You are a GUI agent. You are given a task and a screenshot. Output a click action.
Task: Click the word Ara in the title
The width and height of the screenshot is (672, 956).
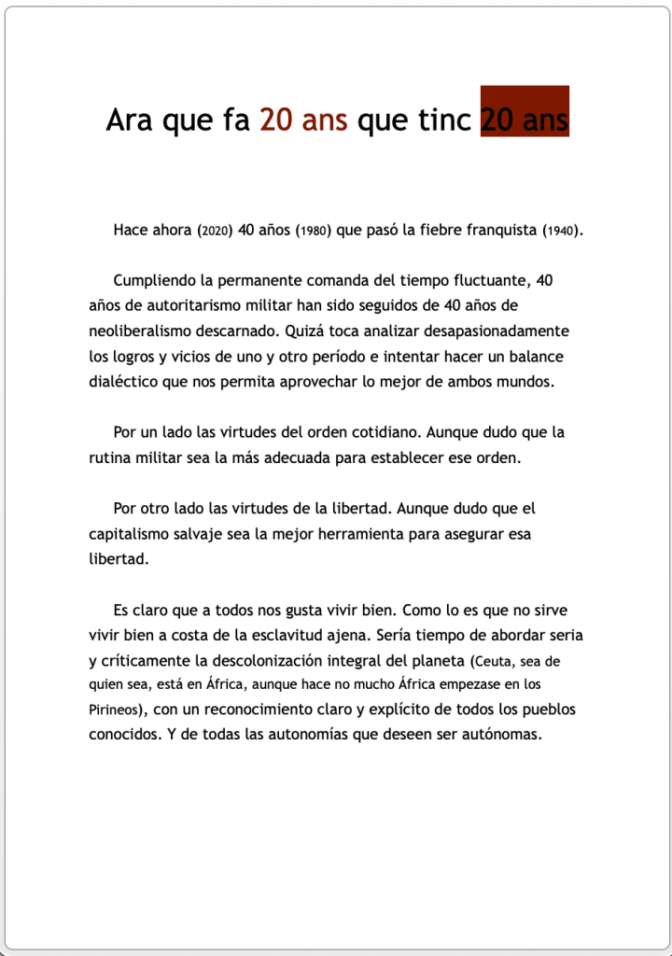[130, 120]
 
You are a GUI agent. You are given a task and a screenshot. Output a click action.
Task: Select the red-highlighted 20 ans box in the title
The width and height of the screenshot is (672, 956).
[525, 112]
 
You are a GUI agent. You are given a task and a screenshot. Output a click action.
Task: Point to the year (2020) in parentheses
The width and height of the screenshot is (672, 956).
[215, 231]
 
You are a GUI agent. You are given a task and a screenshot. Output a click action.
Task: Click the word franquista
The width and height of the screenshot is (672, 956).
[492, 230]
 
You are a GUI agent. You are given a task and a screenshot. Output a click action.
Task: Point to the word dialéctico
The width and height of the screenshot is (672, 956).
[124, 381]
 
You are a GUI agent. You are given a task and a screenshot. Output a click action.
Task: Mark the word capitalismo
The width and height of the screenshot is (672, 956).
[133, 534]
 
